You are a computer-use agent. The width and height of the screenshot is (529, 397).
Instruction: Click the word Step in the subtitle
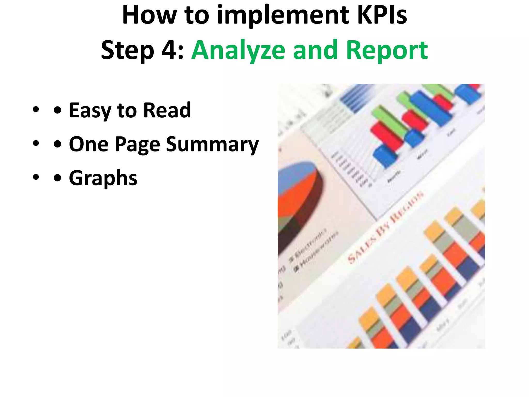tap(128, 50)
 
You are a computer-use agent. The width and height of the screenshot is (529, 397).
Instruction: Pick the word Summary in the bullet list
tap(212, 144)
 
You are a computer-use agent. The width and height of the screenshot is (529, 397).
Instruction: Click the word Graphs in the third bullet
tap(103, 178)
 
